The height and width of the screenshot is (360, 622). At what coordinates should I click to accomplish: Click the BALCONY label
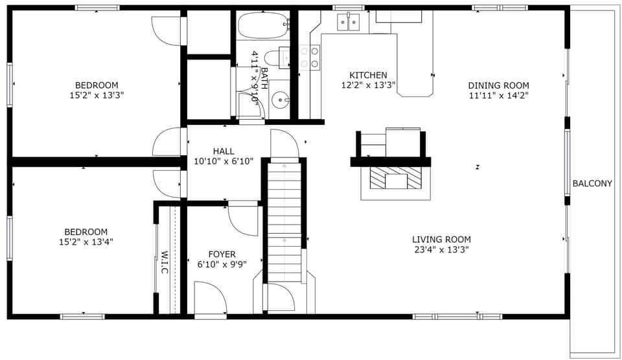(x=592, y=184)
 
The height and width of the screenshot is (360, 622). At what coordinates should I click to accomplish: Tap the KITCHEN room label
(x=368, y=75)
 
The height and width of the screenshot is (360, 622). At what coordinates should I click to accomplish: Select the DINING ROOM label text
(x=498, y=85)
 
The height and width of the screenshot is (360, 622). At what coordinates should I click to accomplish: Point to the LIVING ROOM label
(x=441, y=240)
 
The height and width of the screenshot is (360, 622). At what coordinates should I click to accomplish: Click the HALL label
(x=224, y=152)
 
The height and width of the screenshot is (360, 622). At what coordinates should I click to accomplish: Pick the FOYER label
(x=222, y=254)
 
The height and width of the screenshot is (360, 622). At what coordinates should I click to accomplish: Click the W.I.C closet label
(x=165, y=262)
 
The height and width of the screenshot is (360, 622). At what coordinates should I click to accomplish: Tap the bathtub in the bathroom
(x=262, y=27)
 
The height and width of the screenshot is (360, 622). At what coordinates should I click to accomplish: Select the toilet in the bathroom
(x=285, y=58)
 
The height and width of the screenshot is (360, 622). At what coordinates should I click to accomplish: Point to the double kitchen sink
(x=348, y=23)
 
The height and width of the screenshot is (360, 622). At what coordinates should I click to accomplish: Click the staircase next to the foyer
(x=284, y=220)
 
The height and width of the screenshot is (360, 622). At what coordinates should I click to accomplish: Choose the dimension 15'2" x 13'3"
(x=97, y=95)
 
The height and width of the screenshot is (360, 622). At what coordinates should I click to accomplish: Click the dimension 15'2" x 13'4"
(x=86, y=242)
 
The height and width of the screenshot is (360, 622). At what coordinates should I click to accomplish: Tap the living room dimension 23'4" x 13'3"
(x=441, y=250)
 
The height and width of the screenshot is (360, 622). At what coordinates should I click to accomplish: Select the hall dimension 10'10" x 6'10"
(x=224, y=161)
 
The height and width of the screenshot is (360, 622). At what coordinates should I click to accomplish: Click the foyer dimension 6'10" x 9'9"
(x=222, y=264)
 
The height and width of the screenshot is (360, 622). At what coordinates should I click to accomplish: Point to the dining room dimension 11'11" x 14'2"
(x=498, y=96)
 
